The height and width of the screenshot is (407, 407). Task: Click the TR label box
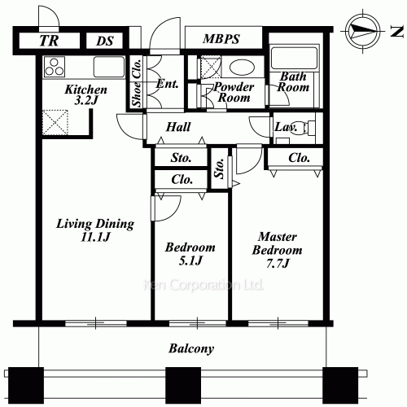49,41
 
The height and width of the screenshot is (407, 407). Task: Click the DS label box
105,41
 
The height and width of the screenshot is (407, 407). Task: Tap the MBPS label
221,39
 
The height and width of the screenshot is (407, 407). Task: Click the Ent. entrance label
167,83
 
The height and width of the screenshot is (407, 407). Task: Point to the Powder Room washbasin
239,67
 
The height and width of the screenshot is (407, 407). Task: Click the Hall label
178,127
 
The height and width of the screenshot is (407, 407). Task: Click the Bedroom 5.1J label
190,254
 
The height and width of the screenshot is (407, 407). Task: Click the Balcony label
191,348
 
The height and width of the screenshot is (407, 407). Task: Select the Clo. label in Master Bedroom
299,157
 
